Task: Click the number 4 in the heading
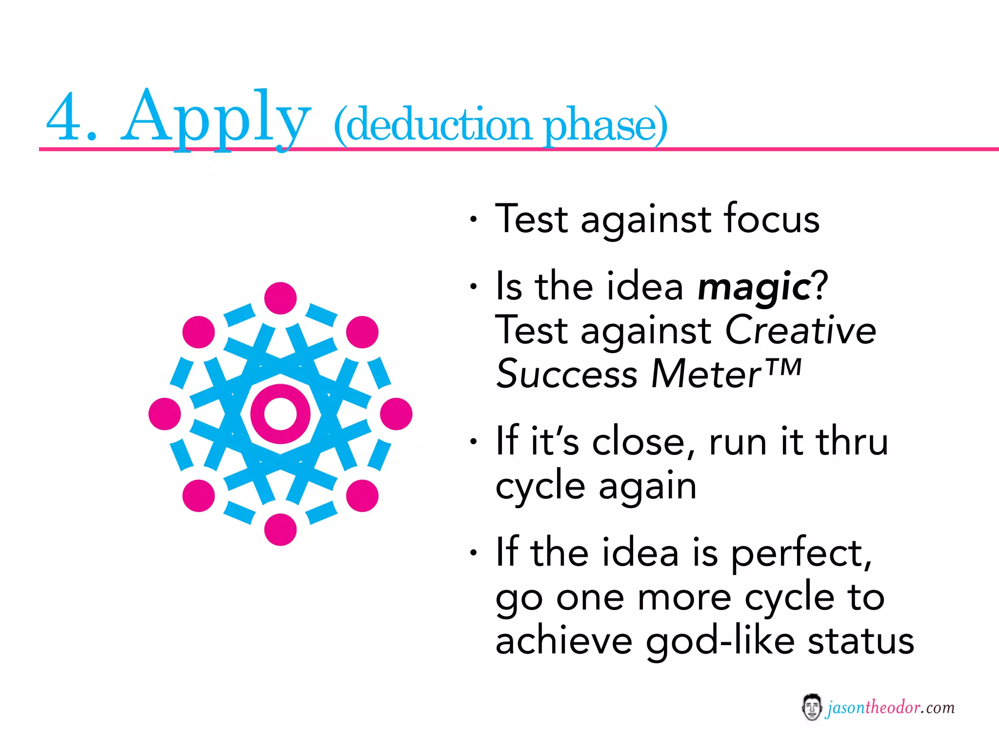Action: [63, 117]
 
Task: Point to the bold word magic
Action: [754, 288]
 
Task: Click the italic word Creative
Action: [800, 330]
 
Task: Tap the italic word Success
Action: [566, 374]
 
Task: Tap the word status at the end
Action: [861, 641]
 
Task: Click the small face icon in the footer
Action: [811, 708]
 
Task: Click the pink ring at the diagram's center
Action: [280, 414]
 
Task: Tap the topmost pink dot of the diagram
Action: [280, 298]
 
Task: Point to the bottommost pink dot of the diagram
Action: [280, 530]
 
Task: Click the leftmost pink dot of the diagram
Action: [165, 414]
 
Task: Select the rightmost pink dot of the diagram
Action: [396, 414]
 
